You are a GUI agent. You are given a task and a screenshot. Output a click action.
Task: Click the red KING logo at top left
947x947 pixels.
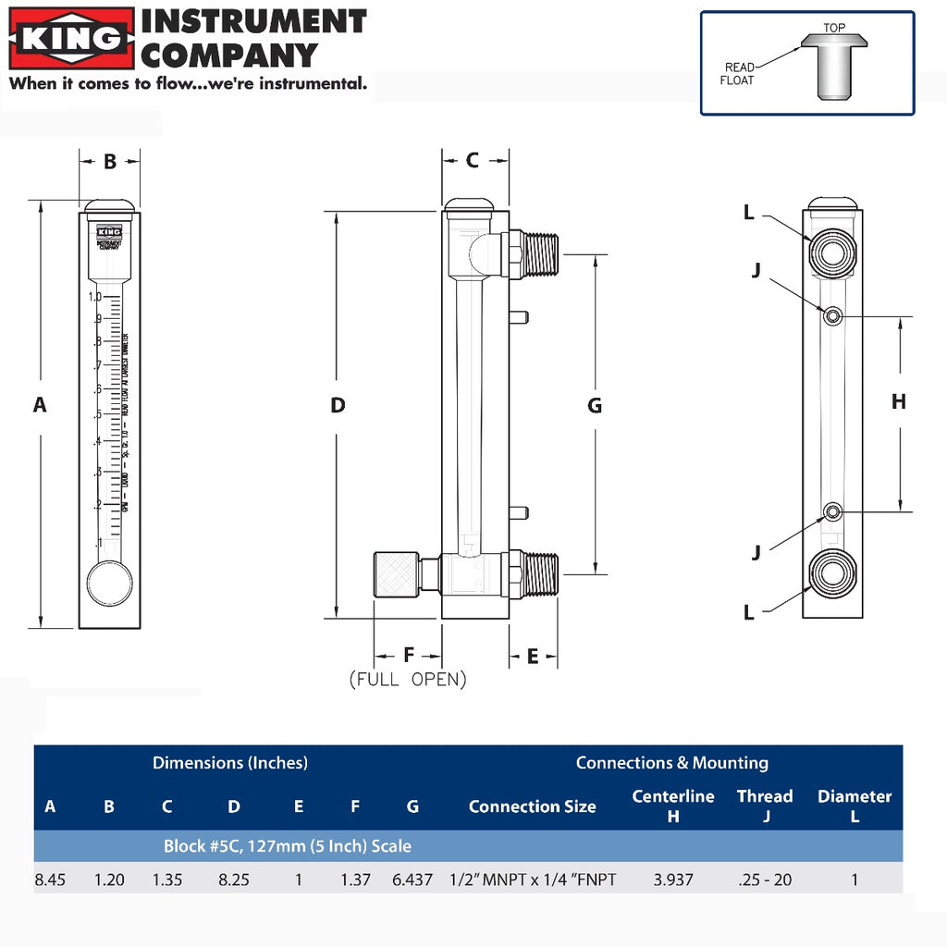71,39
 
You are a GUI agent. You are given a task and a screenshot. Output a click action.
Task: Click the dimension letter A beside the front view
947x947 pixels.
40,404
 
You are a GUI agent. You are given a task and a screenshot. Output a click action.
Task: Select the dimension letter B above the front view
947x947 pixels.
109,162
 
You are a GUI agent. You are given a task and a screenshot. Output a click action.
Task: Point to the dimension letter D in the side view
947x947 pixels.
338,405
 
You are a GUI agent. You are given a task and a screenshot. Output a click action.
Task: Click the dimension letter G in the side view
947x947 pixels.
595,405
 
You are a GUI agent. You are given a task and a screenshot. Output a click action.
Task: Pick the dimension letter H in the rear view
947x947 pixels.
898,401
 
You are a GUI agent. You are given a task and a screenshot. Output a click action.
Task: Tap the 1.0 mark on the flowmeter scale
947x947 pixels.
94,298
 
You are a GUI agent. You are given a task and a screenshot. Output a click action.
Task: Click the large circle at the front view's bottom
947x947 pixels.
109,584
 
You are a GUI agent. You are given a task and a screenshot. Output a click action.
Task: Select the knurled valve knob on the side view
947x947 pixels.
395,574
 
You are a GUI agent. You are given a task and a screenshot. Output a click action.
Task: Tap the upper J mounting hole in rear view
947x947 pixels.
833,316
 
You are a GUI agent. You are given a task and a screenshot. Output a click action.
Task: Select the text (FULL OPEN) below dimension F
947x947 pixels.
408,680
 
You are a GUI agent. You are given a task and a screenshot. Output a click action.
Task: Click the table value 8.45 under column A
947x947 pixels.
50,879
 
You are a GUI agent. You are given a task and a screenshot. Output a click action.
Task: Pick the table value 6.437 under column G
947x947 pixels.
412,879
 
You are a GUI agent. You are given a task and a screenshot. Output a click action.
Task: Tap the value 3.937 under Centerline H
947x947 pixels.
672,879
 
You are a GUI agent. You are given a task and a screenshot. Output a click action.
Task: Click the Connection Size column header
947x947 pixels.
532,806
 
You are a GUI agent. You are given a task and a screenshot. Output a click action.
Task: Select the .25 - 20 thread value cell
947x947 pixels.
765,879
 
